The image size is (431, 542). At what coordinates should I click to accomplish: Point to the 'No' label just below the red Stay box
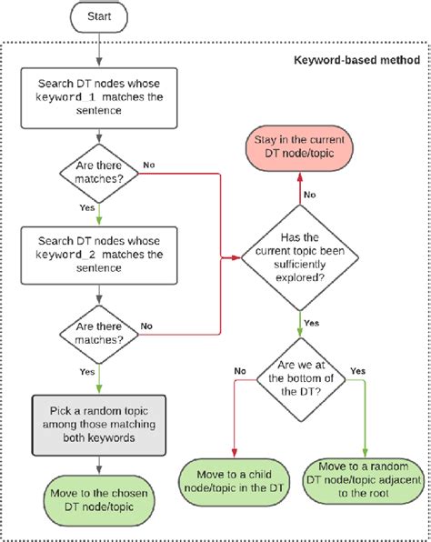(309, 193)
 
